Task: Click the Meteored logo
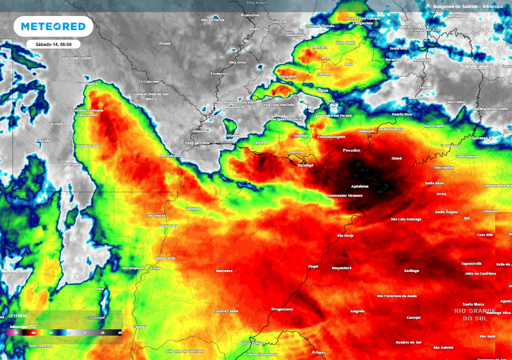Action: pyautogui.click(x=53, y=26)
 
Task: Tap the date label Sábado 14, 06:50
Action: pyautogui.click(x=53, y=44)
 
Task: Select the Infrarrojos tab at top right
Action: pyautogui.click(x=493, y=6)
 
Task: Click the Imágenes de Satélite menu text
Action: pyautogui.click(x=455, y=6)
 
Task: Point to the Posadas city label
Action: pyautogui.click(x=351, y=150)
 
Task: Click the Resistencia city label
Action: pyautogui.click(x=171, y=155)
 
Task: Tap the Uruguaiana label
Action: pyautogui.click(x=282, y=309)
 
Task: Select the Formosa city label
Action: pyautogui.click(x=218, y=73)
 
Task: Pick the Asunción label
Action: pyautogui.click(x=250, y=15)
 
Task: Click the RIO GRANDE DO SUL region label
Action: pyautogui.click(x=475, y=314)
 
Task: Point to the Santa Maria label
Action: pyautogui.click(x=473, y=304)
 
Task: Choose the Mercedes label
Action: pyautogui.click(x=223, y=270)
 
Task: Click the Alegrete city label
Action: pyautogui.click(x=357, y=311)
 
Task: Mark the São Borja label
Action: pyautogui.click(x=345, y=235)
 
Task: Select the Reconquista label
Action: pyautogui.click(x=133, y=268)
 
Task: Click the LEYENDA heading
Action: pyautogui.click(x=17, y=316)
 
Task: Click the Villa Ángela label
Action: pyautogui.click(x=71, y=164)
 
